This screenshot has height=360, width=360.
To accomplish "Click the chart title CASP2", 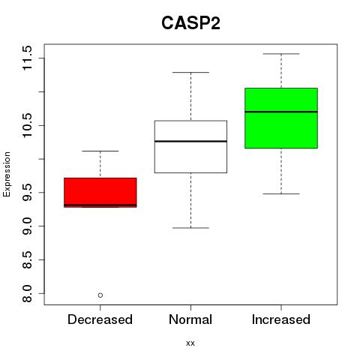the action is click(x=190, y=23).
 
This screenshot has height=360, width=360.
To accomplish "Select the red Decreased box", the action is click(x=100, y=193).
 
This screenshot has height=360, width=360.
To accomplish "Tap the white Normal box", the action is click(x=190, y=147).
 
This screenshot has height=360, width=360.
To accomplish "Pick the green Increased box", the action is click(x=281, y=118).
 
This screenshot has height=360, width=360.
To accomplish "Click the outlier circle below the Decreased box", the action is click(x=100, y=295).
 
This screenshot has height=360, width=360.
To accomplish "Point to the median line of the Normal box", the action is click(x=190, y=141).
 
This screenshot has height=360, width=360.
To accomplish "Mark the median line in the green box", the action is click(x=281, y=112).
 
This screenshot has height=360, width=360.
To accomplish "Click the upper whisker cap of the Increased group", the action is click(x=281, y=54).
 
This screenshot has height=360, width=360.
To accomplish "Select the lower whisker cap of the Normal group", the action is click(x=190, y=228).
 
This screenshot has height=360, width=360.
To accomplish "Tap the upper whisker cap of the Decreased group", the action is click(x=100, y=151).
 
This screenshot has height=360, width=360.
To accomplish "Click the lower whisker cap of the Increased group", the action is click(x=281, y=193).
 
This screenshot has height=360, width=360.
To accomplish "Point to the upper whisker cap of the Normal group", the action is click(x=190, y=72).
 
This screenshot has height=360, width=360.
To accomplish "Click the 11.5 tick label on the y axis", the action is click(x=27, y=58).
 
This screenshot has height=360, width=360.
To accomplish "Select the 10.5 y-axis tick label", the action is click(x=27, y=125).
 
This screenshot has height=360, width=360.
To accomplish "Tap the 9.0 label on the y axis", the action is click(x=27, y=226).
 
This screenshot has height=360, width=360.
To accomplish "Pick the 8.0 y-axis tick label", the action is click(x=27, y=293).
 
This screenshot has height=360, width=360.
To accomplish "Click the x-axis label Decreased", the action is click(x=100, y=319).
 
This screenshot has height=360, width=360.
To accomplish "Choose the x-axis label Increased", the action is click(x=281, y=319).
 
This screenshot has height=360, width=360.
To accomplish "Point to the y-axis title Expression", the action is click(x=7, y=174).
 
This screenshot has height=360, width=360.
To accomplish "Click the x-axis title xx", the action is click(x=190, y=343).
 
